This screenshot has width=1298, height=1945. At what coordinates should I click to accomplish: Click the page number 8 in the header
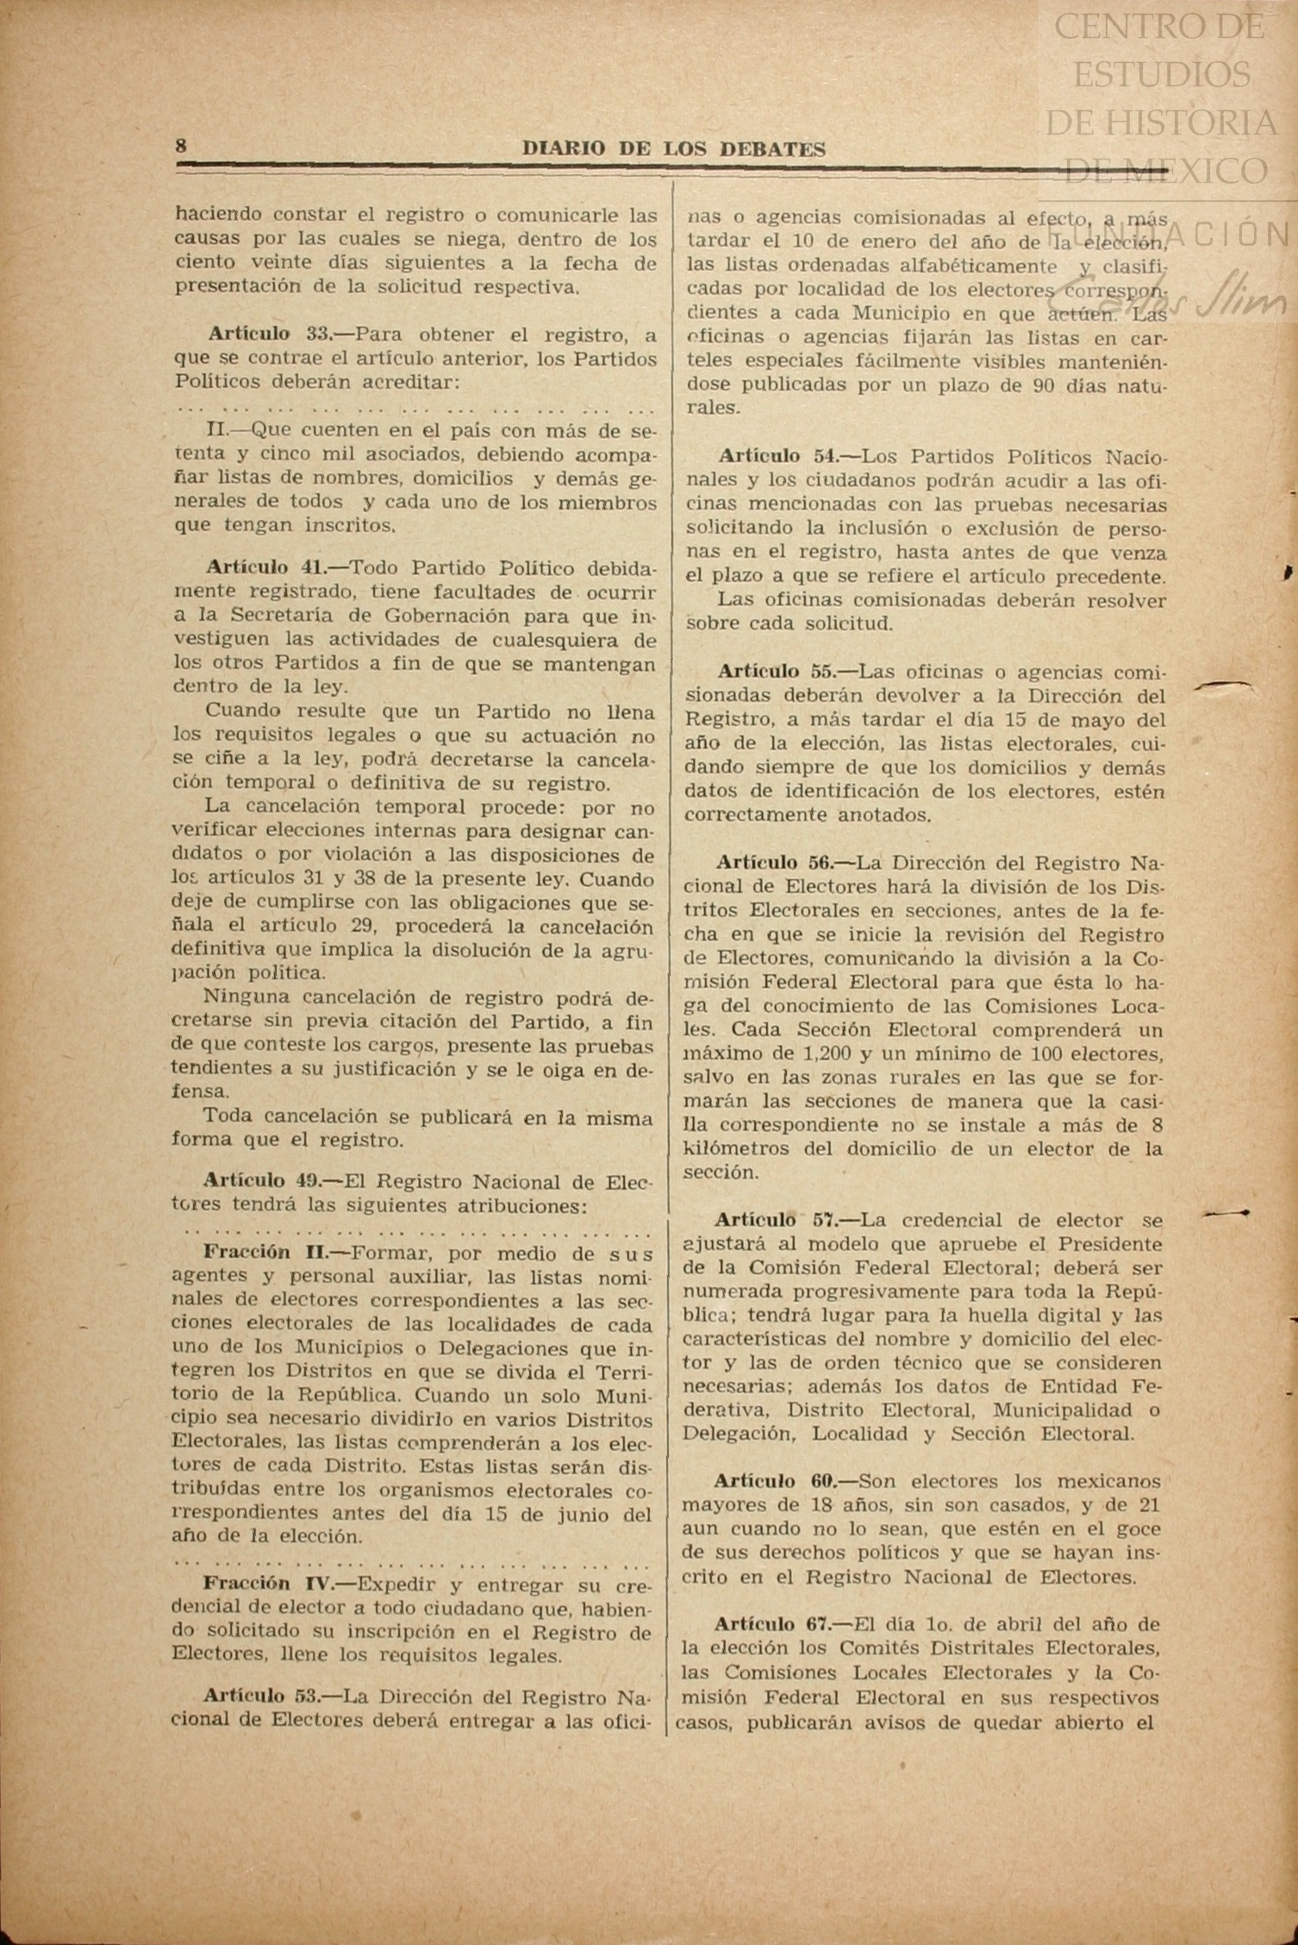tap(181, 146)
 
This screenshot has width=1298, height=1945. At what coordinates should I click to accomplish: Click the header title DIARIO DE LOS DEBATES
tap(674, 149)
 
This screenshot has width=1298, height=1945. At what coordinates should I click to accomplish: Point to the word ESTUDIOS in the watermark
tap(1162, 75)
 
